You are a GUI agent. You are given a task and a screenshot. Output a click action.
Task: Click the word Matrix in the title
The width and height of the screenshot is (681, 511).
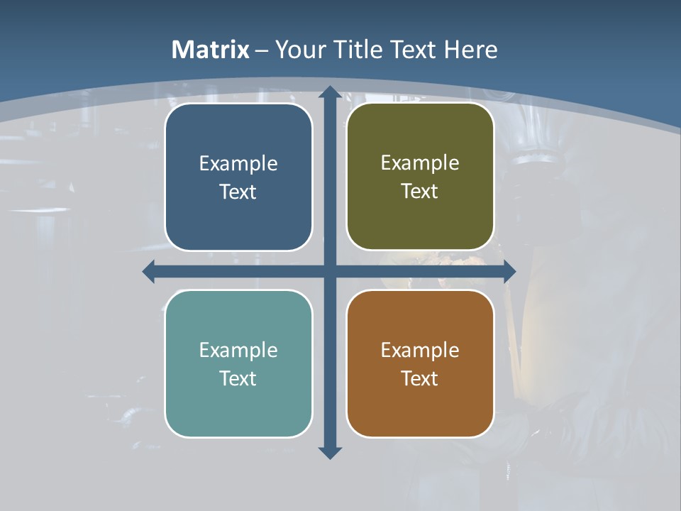point(211,50)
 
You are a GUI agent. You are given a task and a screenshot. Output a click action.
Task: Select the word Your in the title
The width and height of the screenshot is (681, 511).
point(298,50)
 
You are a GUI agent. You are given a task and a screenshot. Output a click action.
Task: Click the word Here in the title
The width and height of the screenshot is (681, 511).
point(471,50)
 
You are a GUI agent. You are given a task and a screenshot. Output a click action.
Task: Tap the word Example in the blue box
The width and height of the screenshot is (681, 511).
point(238,164)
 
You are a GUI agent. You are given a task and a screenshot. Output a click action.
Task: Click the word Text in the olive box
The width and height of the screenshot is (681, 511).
point(420,192)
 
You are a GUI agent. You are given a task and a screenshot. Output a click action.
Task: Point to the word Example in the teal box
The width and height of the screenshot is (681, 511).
point(238,351)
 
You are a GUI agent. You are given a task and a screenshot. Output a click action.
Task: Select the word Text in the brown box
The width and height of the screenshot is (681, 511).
point(420,378)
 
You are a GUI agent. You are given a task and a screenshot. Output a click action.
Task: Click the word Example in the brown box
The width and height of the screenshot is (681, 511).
point(420,351)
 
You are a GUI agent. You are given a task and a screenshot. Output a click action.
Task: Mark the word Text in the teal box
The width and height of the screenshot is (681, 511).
point(238,378)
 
